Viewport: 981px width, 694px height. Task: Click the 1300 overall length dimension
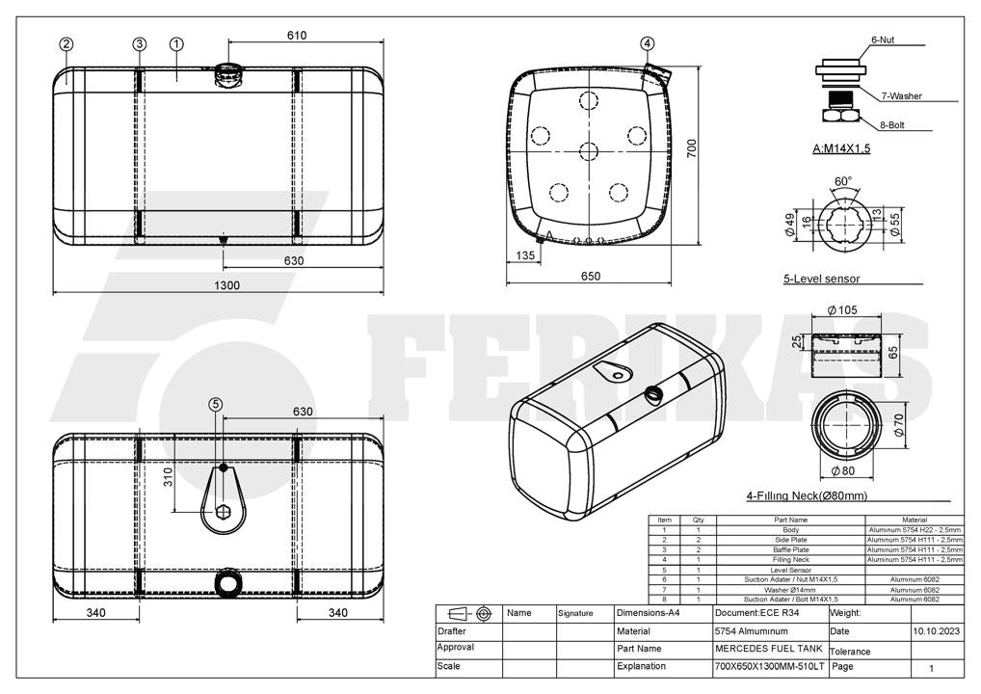point(226,285)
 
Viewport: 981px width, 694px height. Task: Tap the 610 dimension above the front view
point(297,36)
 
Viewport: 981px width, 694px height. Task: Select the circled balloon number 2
point(66,43)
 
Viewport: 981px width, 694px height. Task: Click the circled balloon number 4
point(648,43)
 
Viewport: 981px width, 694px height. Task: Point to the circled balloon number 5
point(216,404)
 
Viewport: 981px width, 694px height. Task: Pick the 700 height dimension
point(691,148)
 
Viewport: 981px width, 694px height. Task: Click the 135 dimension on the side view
point(525,255)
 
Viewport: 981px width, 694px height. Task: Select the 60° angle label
point(843,181)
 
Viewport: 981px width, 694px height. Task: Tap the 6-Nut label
point(883,40)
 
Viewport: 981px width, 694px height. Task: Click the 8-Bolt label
point(892,125)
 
